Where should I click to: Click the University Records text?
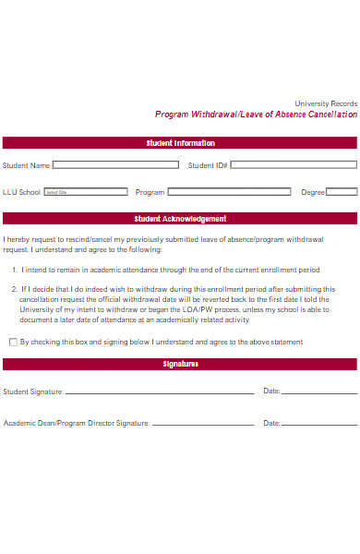[325, 102]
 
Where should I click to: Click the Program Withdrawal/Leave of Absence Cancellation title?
[256, 115]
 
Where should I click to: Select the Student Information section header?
[180, 143]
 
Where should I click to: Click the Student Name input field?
[115, 165]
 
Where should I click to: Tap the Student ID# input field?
[293, 165]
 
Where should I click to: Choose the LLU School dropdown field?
[86, 192]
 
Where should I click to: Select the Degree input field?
[342, 192]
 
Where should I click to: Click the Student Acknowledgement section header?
[180, 219]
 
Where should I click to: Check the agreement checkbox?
[13, 342]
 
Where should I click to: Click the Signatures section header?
[180, 365]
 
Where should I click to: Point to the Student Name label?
[26, 165]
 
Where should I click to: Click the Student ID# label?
[208, 165]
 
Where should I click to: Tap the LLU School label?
[21, 192]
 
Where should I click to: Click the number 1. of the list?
[16, 270]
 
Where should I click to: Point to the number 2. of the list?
[16, 289]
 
